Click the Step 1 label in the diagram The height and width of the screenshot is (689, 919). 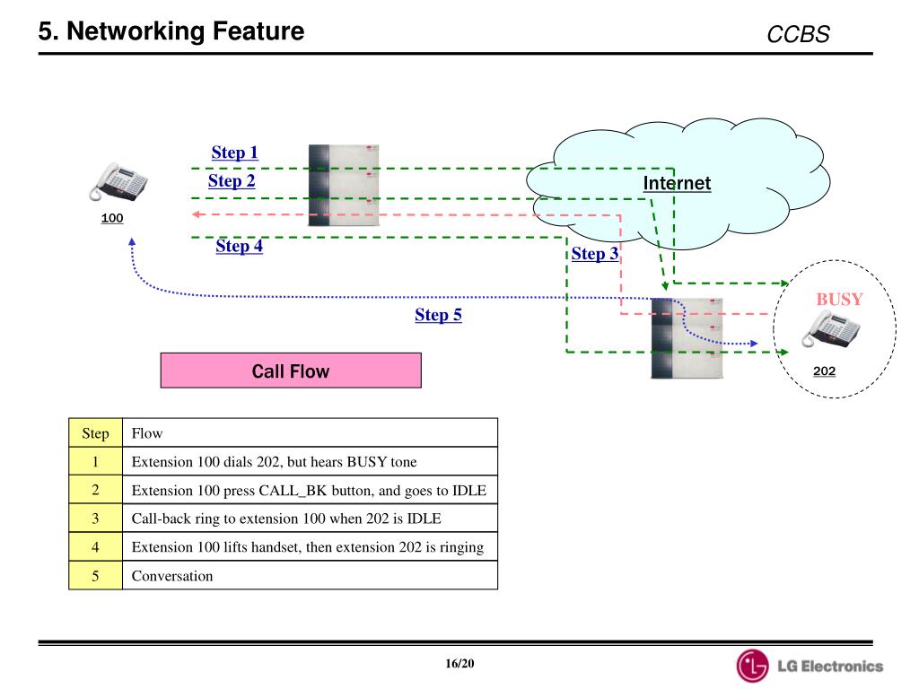pyautogui.click(x=234, y=153)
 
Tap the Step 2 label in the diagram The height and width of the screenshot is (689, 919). pyautogui.click(x=232, y=181)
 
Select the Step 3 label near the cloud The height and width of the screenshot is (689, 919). pyautogui.click(x=595, y=254)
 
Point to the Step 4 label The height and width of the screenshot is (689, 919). pyautogui.click(x=239, y=246)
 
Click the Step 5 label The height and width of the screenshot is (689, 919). pyautogui.click(x=438, y=315)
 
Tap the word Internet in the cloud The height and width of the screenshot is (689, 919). pyautogui.click(x=677, y=183)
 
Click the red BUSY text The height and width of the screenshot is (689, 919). pyautogui.click(x=839, y=300)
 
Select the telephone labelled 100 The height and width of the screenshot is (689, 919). pyautogui.click(x=118, y=182)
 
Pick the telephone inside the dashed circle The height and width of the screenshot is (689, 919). pyautogui.click(x=831, y=328)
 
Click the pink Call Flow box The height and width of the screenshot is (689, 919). pyautogui.click(x=291, y=371)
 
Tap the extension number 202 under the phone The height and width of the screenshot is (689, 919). pyautogui.click(x=824, y=371)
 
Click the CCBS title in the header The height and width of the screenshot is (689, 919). pyautogui.click(x=798, y=35)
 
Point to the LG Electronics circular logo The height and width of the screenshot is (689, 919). pyautogui.click(x=752, y=666)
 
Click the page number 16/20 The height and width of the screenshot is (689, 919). pyautogui.click(x=459, y=664)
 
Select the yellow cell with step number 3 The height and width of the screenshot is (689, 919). pyautogui.click(x=95, y=519)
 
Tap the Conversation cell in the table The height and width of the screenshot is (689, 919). pyautogui.click(x=310, y=575)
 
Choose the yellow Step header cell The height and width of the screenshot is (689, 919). pyautogui.click(x=95, y=433)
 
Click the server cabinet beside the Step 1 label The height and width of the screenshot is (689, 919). pyautogui.click(x=344, y=185)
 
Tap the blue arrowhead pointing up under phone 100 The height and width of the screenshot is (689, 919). pyautogui.click(x=132, y=241)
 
